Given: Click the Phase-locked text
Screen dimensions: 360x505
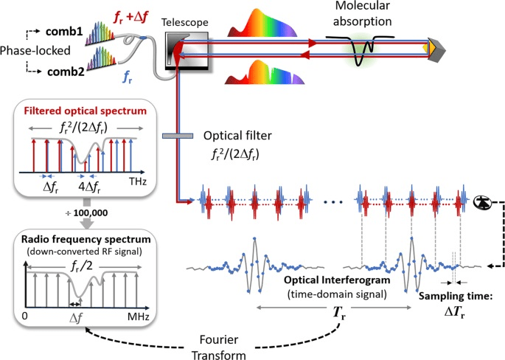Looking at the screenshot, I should pyautogui.click(x=27, y=54).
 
